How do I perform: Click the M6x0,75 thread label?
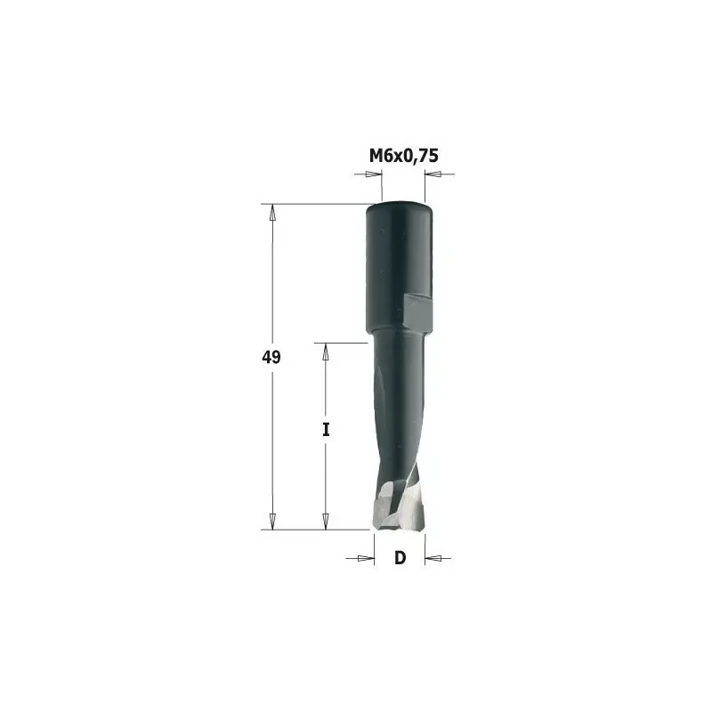404,156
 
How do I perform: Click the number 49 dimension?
271,358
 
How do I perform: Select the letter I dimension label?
326,430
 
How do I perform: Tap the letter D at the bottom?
400,558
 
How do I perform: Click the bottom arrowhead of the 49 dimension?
273,520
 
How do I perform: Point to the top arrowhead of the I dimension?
326,352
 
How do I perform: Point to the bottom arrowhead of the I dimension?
326,520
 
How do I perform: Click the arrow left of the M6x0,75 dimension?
368,174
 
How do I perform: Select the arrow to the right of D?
435,558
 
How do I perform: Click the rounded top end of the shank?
400,208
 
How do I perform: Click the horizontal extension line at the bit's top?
311,205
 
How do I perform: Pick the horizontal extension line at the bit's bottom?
311,529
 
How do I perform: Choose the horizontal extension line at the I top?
343,343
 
